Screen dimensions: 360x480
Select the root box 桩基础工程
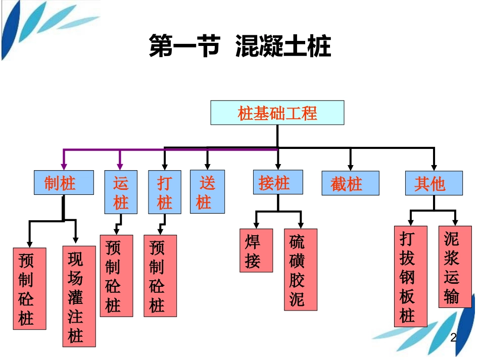(277, 113)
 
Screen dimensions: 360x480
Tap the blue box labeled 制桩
(64, 182)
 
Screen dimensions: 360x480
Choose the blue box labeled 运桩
(120, 192)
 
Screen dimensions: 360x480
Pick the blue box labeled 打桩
(164, 192)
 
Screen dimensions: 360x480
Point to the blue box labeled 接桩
(278, 182)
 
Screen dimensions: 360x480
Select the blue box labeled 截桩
(350, 183)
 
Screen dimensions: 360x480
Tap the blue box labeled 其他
(434, 183)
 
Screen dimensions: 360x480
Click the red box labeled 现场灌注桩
(79, 296)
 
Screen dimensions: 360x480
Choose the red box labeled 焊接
(256, 250)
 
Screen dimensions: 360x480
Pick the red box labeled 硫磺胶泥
(301, 269)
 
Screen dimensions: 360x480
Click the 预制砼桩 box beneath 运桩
(116, 276)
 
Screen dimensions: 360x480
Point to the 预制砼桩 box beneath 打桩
(160, 276)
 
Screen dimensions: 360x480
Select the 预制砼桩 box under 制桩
(30, 288)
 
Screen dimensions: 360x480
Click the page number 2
(453, 337)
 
